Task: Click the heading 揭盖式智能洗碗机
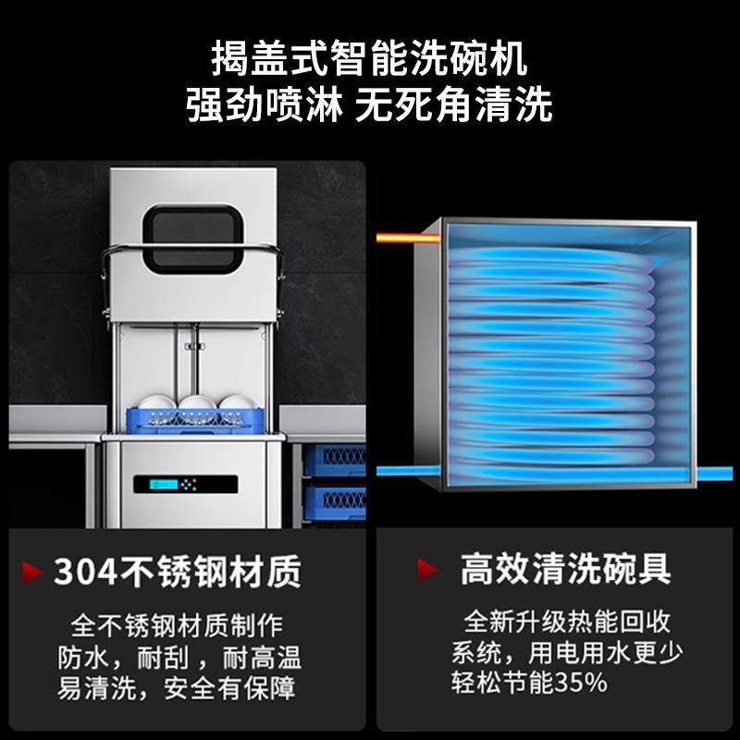(x=369, y=62)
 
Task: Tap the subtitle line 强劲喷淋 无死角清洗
(x=369, y=105)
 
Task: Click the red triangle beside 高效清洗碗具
(x=426, y=569)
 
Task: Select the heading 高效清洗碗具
(x=565, y=569)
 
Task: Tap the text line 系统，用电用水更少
(x=567, y=651)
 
